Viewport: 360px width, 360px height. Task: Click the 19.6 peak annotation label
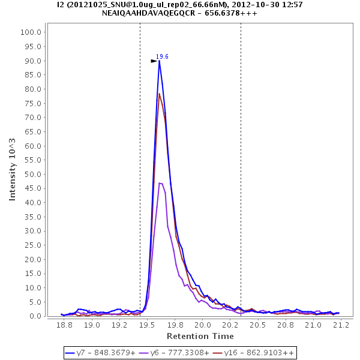pos(162,57)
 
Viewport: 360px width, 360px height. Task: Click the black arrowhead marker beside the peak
pos(154,61)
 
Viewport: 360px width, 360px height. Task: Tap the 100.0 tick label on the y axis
pos(31,32)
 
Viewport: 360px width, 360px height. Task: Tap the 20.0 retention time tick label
pos(202,325)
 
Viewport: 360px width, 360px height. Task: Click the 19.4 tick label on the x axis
pos(133,325)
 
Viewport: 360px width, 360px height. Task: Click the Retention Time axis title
pos(200,335)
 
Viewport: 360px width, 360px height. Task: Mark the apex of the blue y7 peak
pos(159,60)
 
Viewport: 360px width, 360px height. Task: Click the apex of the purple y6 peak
pos(160,182)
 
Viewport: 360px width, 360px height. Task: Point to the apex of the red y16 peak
pos(159,93)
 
